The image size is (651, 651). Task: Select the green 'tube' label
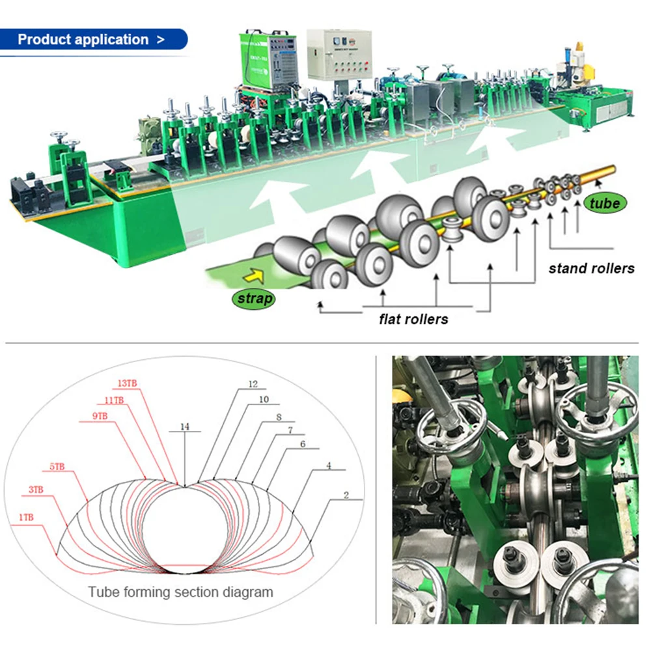604,204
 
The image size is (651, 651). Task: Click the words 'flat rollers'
413,319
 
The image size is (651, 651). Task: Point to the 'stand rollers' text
591,268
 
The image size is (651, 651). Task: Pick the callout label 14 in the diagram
185,428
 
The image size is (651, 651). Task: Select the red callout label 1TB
27,518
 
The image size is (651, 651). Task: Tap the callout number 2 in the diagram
346,495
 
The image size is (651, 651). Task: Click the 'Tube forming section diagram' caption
181,592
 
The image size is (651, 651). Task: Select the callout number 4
329,465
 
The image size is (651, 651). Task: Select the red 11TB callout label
115,400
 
